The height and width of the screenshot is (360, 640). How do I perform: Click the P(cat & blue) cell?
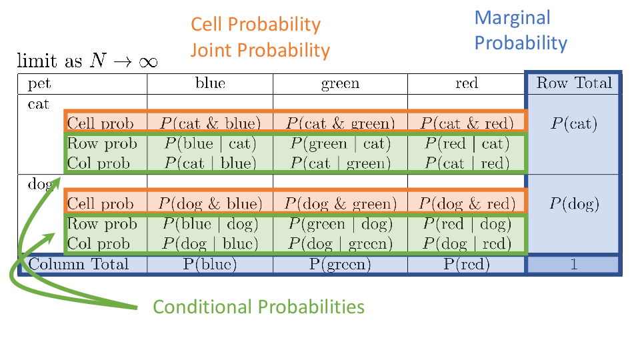[x=210, y=123]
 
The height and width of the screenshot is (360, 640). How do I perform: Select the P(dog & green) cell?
[x=341, y=204]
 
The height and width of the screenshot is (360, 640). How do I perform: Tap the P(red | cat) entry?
[x=467, y=144]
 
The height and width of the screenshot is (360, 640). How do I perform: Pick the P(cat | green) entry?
[x=341, y=163]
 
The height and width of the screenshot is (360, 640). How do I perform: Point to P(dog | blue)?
[x=210, y=244]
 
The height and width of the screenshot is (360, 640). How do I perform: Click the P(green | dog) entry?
[x=341, y=224]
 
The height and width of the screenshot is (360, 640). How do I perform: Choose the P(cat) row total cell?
[x=574, y=123]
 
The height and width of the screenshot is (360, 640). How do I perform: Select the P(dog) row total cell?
[x=574, y=204]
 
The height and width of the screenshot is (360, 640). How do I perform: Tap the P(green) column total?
[x=341, y=264]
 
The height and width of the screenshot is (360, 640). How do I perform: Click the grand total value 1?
[x=574, y=265]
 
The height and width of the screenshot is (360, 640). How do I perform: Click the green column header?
[x=341, y=84]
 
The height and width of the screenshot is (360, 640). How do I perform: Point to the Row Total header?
[x=574, y=83]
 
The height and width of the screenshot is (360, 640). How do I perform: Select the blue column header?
[x=210, y=83]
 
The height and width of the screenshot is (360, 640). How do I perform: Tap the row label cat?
[x=39, y=104]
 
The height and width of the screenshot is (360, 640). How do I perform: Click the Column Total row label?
[x=79, y=264]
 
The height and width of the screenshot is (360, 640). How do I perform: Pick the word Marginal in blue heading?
[x=512, y=17]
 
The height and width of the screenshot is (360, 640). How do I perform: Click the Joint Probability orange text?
[x=260, y=51]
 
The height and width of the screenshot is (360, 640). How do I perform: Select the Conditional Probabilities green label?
[x=259, y=307]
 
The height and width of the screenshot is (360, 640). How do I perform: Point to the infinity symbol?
[x=148, y=62]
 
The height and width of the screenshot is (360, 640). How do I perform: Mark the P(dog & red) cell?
[x=467, y=204]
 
